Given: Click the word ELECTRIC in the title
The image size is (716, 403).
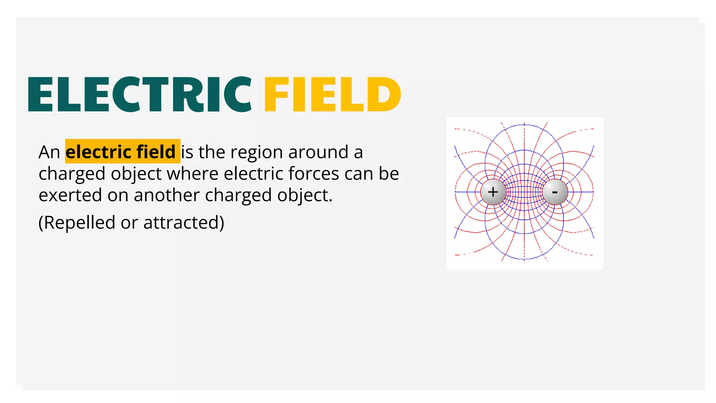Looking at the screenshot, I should click(139, 94).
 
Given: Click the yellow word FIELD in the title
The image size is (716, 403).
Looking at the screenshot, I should click(332, 94).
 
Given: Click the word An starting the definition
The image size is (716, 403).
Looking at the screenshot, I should click(49, 152).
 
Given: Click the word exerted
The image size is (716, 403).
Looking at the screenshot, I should click(70, 195).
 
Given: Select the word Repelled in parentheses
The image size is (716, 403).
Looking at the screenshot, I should click(79, 223).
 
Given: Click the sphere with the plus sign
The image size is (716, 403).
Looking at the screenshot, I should click(493, 192).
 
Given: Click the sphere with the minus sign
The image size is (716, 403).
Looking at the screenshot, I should click(555, 192).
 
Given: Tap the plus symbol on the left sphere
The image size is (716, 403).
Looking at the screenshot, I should click(493, 192).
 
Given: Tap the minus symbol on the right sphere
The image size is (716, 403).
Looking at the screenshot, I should click(554, 192).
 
